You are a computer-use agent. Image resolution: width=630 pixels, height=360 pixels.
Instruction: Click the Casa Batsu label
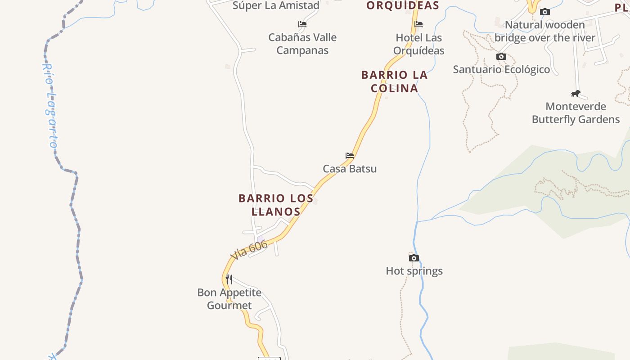[x=350, y=169]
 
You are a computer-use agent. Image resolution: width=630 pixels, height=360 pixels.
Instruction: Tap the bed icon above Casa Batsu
[x=350, y=156]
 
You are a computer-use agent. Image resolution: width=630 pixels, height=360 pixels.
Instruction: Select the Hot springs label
[x=414, y=271]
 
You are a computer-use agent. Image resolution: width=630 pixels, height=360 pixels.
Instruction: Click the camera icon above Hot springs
[x=414, y=258]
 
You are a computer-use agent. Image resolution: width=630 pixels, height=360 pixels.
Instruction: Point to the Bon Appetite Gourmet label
[x=229, y=299]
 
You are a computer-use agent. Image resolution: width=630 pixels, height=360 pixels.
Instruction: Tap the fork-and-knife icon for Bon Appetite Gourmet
[x=229, y=279]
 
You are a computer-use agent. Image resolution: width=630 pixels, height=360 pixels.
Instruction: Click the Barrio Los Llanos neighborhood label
[x=276, y=205]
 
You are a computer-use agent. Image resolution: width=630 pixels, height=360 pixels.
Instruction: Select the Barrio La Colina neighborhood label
[x=395, y=81]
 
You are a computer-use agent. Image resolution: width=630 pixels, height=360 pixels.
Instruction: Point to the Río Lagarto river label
[x=49, y=106]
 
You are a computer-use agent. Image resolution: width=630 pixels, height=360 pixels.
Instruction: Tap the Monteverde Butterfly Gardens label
[x=576, y=113]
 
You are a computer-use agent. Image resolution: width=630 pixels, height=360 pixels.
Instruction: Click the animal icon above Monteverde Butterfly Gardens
[x=576, y=94]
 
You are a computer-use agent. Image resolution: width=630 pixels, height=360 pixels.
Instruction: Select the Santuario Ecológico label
[x=501, y=69]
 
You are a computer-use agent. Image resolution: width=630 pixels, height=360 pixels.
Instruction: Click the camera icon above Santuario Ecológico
[x=501, y=56]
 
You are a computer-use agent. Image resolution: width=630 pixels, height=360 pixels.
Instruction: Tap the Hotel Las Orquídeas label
[x=419, y=44]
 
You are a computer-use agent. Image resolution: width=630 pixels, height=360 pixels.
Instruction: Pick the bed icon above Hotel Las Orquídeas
[x=418, y=24]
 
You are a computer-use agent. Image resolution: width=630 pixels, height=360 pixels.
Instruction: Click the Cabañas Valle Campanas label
[x=302, y=44]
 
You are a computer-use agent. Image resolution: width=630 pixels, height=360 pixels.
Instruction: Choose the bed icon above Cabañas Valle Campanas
[x=302, y=24]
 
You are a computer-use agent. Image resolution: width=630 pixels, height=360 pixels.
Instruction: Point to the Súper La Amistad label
[x=276, y=5]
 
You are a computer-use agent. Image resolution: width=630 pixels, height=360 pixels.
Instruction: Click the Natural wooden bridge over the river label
[x=545, y=31]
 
